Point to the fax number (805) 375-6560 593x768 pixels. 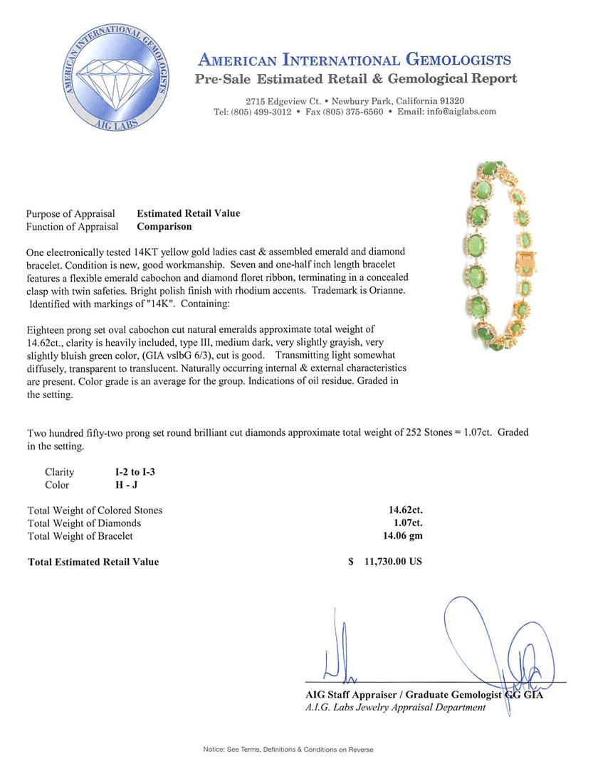[x=354, y=112]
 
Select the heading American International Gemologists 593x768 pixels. [x=355, y=60]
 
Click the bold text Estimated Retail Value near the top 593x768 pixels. [x=189, y=213]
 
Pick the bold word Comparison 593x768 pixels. [x=164, y=227]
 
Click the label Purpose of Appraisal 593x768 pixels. [x=70, y=213]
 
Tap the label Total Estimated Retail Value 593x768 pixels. [x=93, y=562]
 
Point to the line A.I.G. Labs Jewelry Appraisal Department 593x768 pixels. [x=395, y=708]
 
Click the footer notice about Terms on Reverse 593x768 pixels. [x=288, y=750]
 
